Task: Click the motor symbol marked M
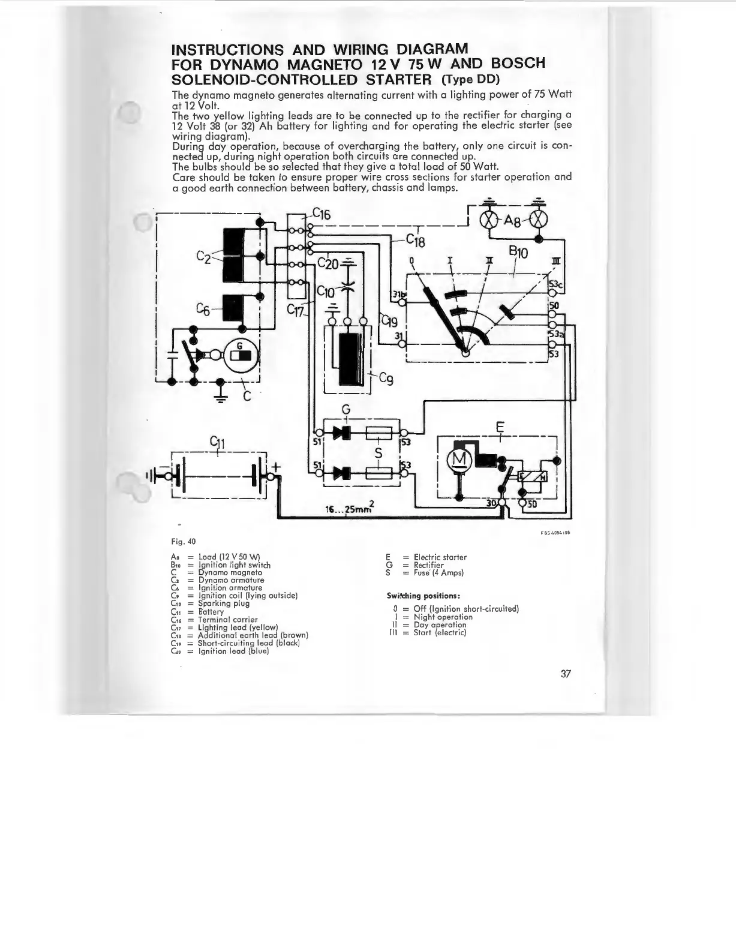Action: click(x=461, y=458)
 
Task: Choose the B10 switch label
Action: click(x=518, y=253)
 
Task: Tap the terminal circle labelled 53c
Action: click(x=552, y=292)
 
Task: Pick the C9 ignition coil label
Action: click(x=387, y=379)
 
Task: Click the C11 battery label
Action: click(x=217, y=443)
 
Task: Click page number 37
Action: click(x=565, y=674)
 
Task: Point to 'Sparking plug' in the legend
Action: click(x=224, y=603)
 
